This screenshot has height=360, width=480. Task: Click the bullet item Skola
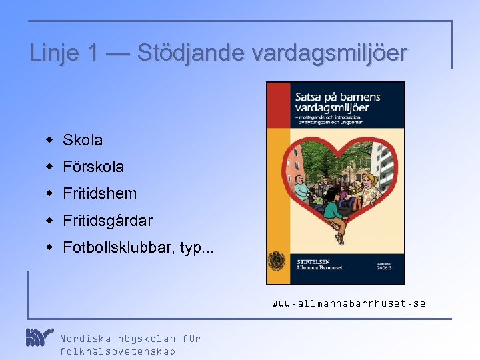pos(83,140)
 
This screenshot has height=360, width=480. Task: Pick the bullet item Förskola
pos(93,167)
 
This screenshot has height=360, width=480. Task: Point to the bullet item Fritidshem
pos(99,193)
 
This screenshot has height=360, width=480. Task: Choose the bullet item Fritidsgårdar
pos(107,220)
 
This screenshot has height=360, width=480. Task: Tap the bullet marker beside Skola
pos(49,140)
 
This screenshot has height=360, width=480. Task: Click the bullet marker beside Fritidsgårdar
pos(49,220)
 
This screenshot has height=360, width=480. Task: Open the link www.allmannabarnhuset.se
pos(349,303)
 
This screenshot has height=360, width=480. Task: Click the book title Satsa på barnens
pos(337,97)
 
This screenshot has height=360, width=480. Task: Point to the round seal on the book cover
pos(277,261)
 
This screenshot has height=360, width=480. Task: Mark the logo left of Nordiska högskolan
pos(39,337)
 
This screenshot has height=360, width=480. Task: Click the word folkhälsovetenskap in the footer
pos(117,351)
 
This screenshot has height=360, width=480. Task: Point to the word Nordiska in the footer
pos(85,338)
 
